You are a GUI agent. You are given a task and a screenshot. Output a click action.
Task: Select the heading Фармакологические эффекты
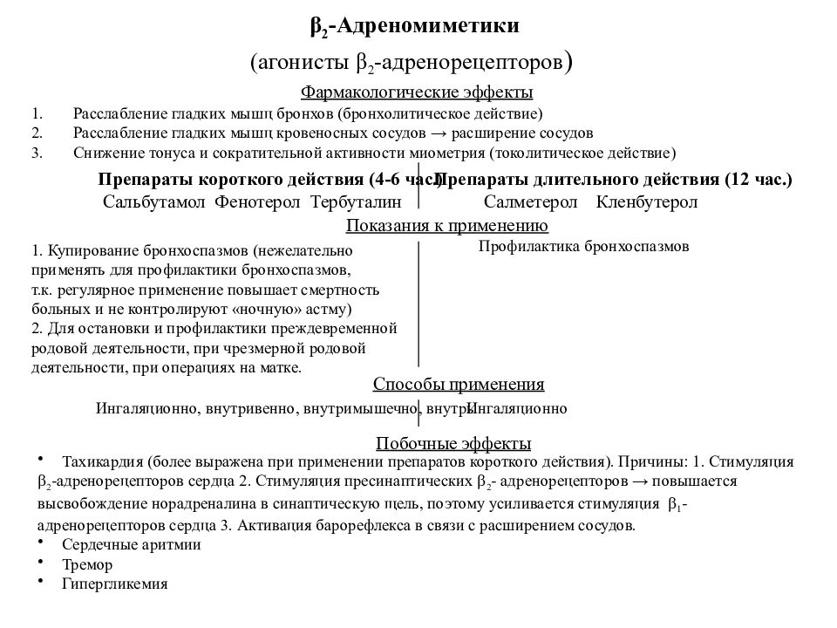[x=417, y=92]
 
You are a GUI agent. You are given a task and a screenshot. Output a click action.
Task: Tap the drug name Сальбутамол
[x=153, y=202]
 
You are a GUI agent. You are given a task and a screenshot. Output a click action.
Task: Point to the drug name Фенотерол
[x=256, y=202]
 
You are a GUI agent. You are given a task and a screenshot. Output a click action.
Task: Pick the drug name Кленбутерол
[x=647, y=202]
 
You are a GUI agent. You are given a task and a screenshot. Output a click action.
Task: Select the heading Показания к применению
[x=447, y=227]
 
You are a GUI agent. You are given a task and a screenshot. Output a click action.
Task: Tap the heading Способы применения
[x=459, y=385]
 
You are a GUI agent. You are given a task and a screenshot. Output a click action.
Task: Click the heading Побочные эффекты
[x=453, y=444]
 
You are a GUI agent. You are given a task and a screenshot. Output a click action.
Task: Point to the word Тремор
[x=87, y=564]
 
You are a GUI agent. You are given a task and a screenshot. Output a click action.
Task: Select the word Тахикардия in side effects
[x=102, y=461]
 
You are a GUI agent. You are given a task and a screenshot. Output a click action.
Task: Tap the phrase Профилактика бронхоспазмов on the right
[x=584, y=247]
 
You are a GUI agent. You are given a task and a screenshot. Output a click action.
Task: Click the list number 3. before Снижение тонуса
[x=36, y=153]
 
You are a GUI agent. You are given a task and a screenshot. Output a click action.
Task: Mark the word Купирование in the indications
[x=83, y=249]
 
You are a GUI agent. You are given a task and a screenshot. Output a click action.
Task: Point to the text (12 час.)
[x=757, y=180]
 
